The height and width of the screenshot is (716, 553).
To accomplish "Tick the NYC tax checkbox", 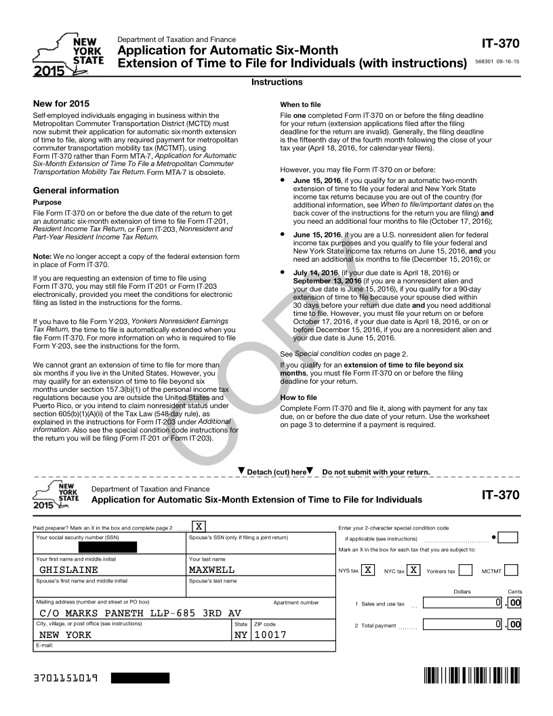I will (413, 570).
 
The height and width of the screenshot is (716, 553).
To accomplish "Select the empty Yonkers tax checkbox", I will (466, 570).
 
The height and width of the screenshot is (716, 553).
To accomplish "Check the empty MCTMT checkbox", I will (512, 570).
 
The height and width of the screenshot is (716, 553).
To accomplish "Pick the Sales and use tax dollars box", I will (464, 603).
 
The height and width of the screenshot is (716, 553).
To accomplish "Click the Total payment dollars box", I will (464, 624).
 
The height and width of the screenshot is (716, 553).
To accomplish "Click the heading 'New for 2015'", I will (61, 103).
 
